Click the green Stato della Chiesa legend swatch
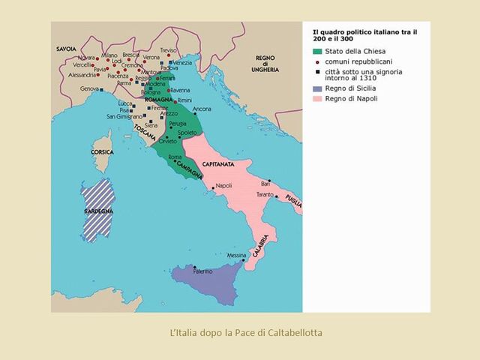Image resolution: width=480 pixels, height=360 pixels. (318, 51)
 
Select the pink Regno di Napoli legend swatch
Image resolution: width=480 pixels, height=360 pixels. (318, 99)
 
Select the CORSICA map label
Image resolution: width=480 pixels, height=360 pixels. (102, 151)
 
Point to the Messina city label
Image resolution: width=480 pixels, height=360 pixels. (237, 255)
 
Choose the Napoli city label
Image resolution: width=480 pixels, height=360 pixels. (223, 186)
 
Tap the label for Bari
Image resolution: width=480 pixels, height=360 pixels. (265, 183)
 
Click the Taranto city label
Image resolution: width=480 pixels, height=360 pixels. (265, 194)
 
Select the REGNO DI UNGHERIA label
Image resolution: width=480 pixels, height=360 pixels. (266, 63)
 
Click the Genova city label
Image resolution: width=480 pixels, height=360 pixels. (89, 89)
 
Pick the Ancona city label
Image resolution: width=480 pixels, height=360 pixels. (202, 109)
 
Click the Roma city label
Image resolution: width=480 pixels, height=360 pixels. (175, 157)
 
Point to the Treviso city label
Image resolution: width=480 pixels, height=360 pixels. (169, 49)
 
